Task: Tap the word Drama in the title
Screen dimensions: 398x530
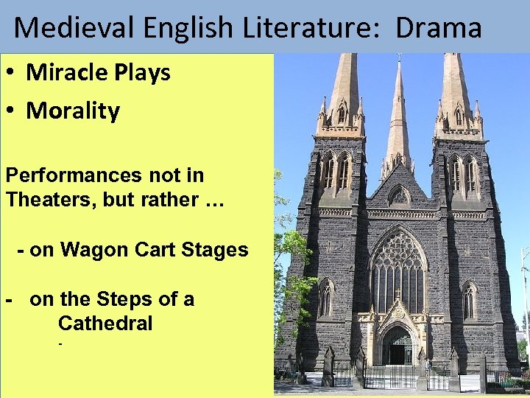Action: [439, 28]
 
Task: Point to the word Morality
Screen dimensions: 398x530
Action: [73, 111]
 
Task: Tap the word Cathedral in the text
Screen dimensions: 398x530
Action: [105, 324]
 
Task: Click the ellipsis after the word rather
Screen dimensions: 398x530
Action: [208, 200]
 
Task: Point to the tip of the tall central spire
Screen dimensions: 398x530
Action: [398, 60]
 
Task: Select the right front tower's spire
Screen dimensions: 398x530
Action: [456, 81]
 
